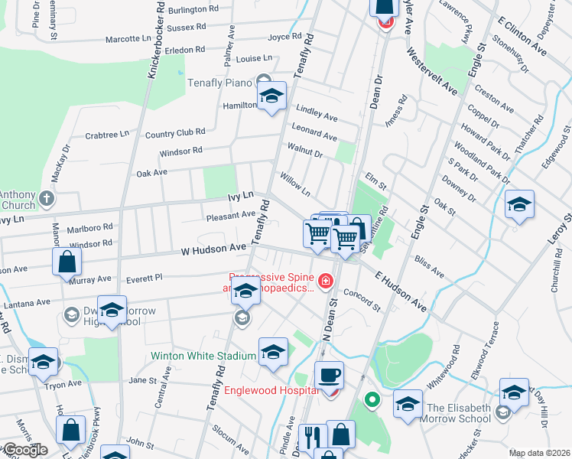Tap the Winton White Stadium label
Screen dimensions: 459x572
tap(203, 356)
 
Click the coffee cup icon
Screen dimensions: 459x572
tap(330, 375)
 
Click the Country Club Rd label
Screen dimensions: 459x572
tap(175, 134)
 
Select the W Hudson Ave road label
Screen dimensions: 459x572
tap(214, 249)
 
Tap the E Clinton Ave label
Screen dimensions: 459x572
tap(522, 37)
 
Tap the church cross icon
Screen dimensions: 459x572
tap(47, 200)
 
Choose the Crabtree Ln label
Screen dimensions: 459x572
tap(107, 135)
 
